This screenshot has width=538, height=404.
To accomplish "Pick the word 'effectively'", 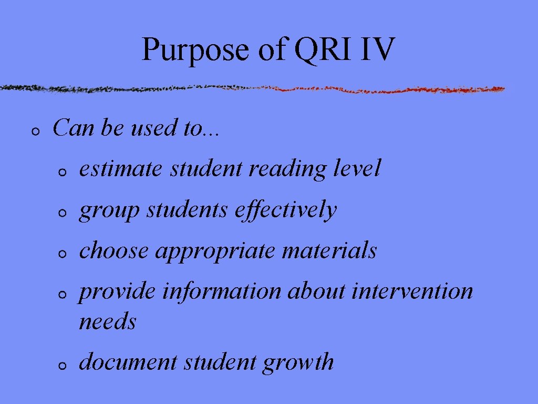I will coord(285,210).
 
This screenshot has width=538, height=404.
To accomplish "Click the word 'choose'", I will coord(113,250).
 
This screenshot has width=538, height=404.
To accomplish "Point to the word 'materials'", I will coord(329,250).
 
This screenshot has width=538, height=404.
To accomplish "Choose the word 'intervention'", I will coord(412,291).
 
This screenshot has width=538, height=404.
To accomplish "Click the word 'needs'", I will coord(107,322).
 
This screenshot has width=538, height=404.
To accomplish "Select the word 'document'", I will coord(128,362).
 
